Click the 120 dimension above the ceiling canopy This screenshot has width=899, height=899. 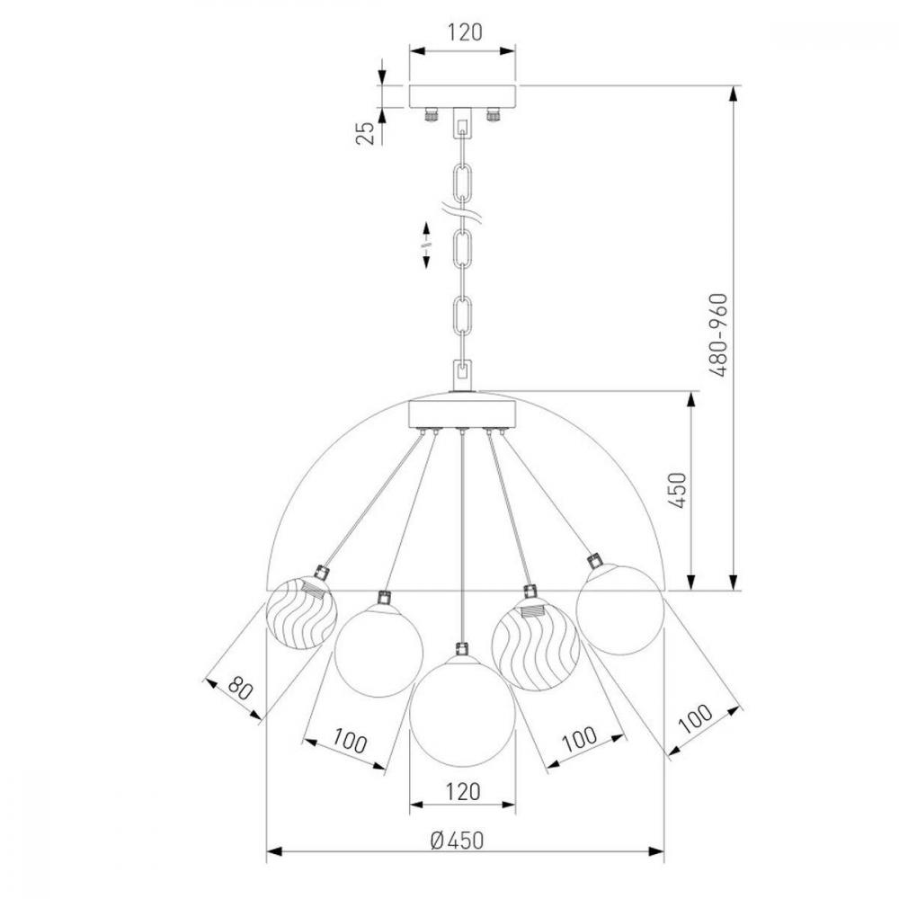(x=465, y=32)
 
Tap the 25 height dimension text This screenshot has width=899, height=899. (x=366, y=133)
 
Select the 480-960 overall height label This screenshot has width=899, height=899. (x=717, y=334)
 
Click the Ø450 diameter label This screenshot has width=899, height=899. (x=458, y=841)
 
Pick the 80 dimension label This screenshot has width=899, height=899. (x=240, y=688)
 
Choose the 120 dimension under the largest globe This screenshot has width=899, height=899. (x=463, y=792)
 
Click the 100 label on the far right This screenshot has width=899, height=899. (x=696, y=718)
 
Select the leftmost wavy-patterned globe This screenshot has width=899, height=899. (x=301, y=613)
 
